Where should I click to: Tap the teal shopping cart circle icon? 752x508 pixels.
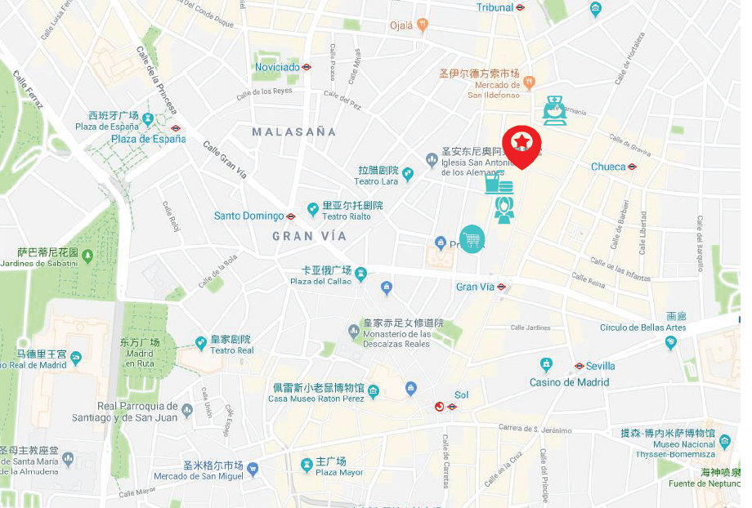(472, 238)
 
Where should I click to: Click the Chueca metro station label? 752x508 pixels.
(608, 167)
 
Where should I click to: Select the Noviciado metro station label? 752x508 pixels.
(277, 67)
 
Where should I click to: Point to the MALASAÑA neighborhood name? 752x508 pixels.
(293, 131)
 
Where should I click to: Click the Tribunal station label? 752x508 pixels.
(495, 7)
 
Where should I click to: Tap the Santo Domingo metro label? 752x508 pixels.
(248, 216)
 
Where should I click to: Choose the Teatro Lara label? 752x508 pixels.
(378, 176)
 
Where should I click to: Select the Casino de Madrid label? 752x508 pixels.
(569, 382)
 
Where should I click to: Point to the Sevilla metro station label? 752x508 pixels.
(600, 366)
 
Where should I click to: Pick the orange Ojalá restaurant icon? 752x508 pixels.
(423, 25)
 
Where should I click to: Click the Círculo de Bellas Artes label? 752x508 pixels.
(642, 328)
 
